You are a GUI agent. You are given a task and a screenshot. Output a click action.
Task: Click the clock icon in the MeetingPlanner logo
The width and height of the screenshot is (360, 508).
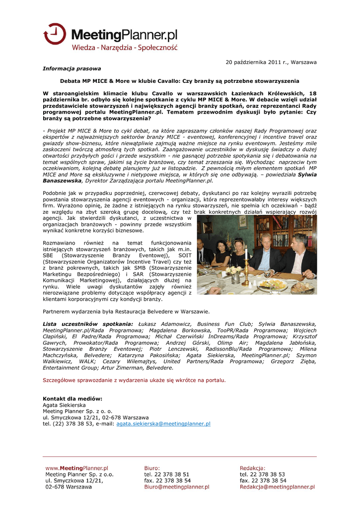point(54,34)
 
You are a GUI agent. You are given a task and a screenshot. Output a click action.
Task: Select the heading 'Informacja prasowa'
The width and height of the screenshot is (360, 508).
point(72,68)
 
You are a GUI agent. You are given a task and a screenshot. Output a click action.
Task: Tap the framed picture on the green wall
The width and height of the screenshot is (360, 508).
point(243,222)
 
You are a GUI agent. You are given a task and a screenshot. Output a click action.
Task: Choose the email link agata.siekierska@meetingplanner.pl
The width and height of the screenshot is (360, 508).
point(163,424)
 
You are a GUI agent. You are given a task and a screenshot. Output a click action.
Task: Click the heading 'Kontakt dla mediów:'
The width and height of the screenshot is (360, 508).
point(72,399)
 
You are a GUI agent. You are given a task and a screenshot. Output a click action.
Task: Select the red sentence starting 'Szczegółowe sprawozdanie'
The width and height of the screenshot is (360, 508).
point(134,381)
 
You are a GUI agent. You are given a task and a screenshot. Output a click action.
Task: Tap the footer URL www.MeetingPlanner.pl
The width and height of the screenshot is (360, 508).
point(76,468)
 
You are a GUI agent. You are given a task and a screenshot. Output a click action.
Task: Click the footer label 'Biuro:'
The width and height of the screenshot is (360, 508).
point(152,468)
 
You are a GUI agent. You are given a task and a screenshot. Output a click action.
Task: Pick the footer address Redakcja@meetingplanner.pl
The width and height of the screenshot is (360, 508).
point(277,487)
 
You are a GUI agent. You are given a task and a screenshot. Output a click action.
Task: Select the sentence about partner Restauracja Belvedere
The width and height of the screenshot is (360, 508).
point(126,312)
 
